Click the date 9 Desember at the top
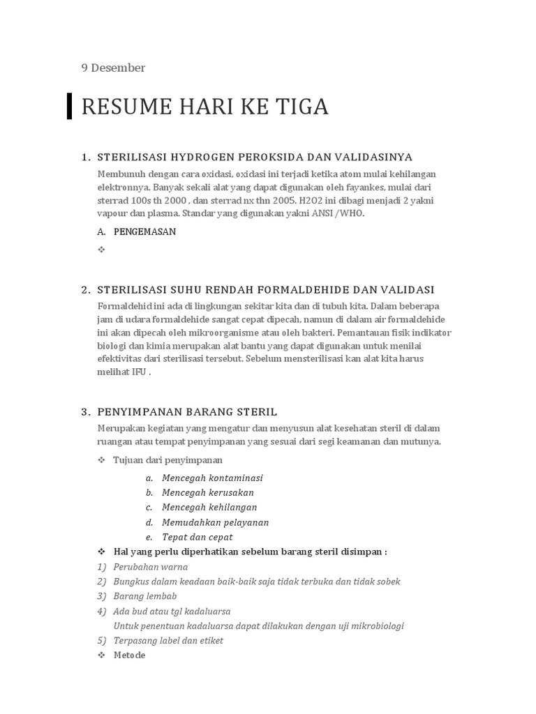(113, 68)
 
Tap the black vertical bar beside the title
(70, 106)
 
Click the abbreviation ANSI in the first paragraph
(317, 213)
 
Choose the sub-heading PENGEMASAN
(144, 231)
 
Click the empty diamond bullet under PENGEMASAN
(101, 249)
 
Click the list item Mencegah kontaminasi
(212, 478)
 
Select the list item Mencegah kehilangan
(209, 507)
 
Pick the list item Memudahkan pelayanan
(215, 522)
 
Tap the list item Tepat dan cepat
(197, 537)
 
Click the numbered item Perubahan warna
(150, 566)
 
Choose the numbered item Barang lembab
(144, 595)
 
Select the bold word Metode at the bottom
(129, 655)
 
